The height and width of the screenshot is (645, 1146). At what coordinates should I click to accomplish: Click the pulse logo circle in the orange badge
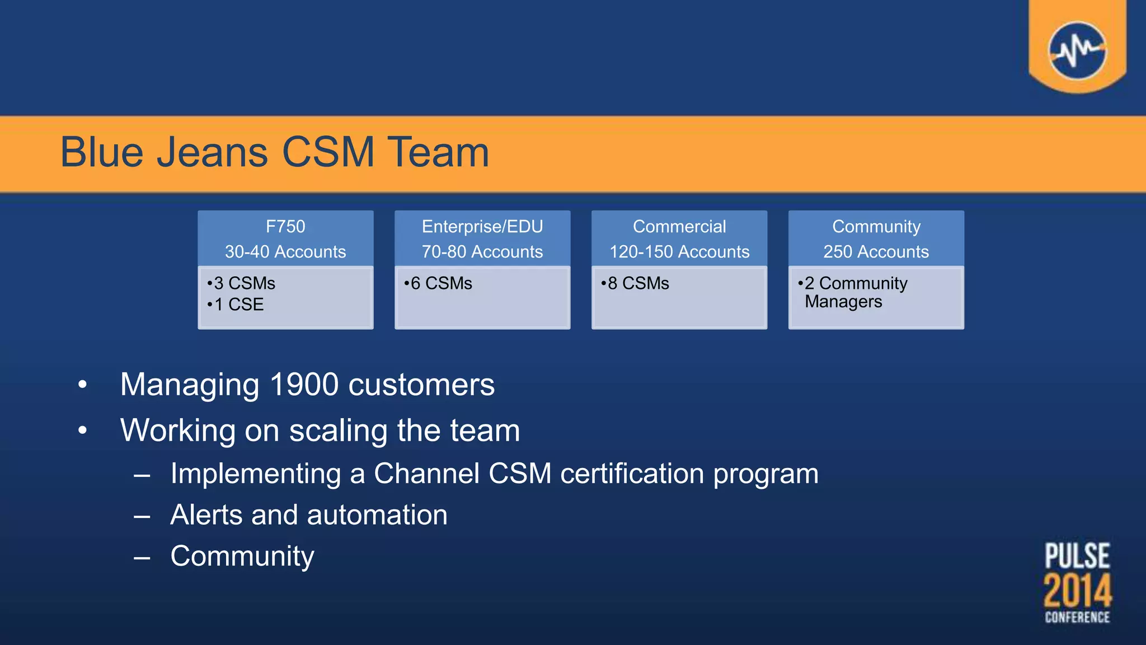point(1077,50)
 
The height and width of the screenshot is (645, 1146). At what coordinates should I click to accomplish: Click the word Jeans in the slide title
point(213,152)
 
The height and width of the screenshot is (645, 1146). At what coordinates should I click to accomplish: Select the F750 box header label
point(285,227)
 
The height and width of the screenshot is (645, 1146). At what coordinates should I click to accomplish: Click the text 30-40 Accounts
point(285,252)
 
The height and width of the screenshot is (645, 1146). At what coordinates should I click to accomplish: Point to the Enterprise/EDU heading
point(482,227)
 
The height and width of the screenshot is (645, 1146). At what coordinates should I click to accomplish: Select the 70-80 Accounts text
point(482,252)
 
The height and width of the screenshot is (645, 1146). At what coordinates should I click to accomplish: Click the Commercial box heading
point(679,227)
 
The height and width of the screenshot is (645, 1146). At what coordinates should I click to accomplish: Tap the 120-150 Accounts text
point(679,252)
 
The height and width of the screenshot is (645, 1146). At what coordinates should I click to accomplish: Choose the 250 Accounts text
point(876,252)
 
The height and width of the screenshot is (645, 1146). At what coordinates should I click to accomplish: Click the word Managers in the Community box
point(843,302)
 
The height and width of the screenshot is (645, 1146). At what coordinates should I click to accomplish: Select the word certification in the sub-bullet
point(632,474)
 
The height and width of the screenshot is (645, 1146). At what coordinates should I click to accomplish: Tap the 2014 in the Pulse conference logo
point(1077,591)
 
